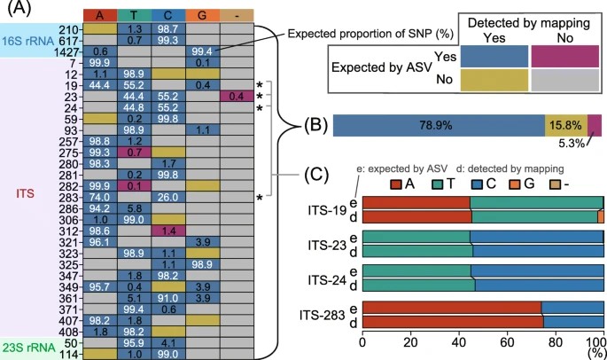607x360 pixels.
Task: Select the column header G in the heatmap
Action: [200, 15]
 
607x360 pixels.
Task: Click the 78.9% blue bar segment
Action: [437, 126]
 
